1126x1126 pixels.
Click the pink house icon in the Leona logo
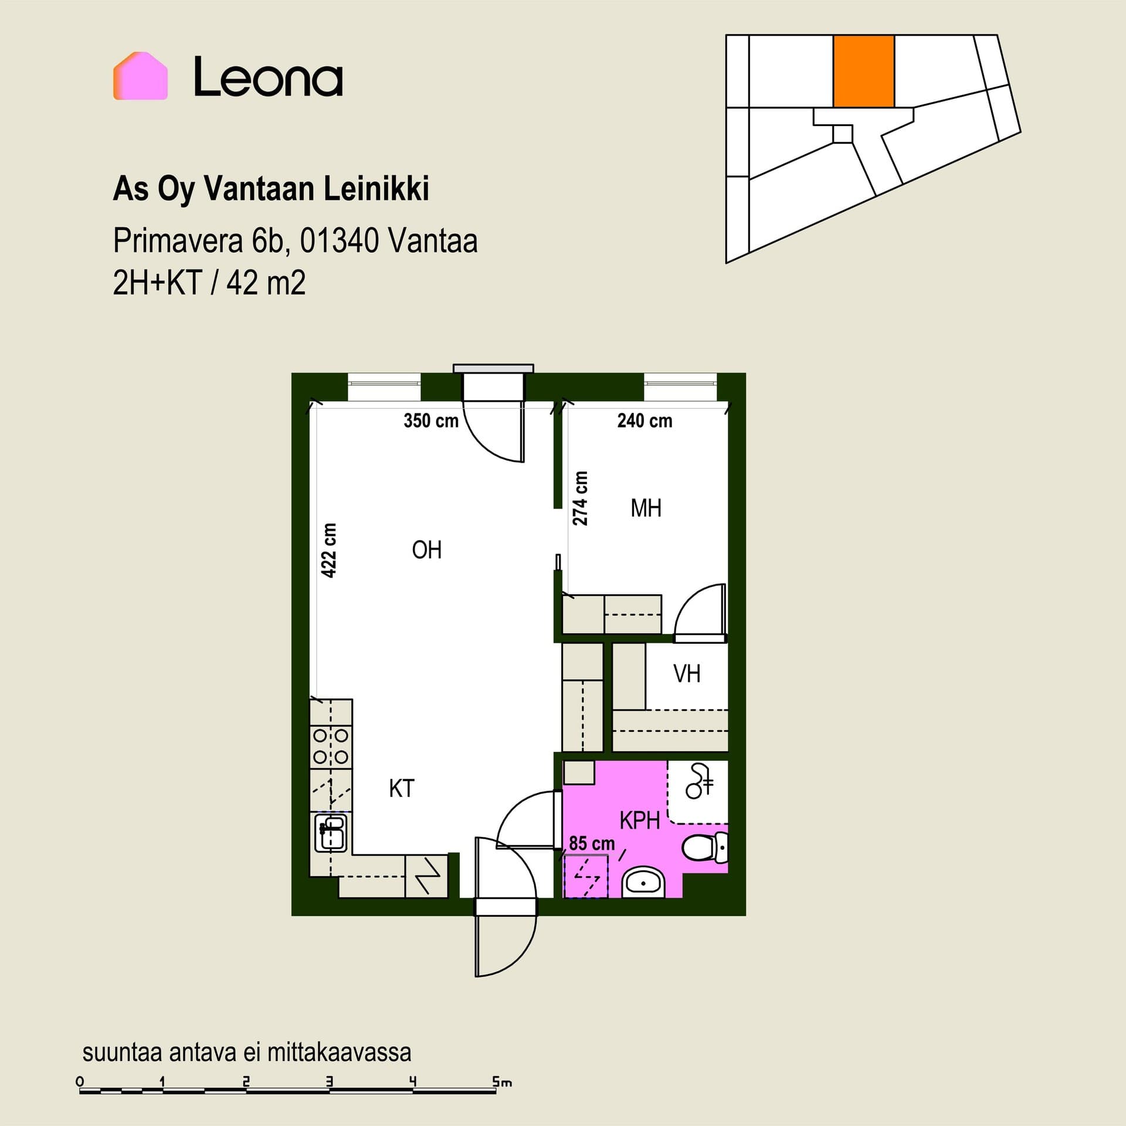pyautogui.click(x=140, y=76)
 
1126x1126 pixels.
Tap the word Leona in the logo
pyautogui.click(x=268, y=76)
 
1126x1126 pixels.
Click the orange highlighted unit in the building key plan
pyautogui.click(x=864, y=71)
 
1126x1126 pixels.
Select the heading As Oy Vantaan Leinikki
pyautogui.click(x=271, y=189)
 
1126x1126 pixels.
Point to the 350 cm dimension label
pyautogui.click(x=431, y=420)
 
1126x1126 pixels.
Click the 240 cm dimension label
pyautogui.click(x=645, y=420)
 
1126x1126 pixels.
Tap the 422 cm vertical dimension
pyautogui.click(x=330, y=551)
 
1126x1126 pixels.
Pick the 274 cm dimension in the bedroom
pyautogui.click(x=580, y=498)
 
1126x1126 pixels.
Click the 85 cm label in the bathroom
pyautogui.click(x=592, y=843)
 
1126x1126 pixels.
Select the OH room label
pyautogui.click(x=426, y=550)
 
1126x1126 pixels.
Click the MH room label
pyautogui.click(x=646, y=508)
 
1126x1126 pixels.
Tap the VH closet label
pyautogui.click(x=687, y=674)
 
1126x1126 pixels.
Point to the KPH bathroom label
pyautogui.click(x=640, y=820)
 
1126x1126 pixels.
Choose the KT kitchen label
pyautogui.click(x=402, y=789)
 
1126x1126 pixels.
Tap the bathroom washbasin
pyautogui.click(x=643, y=882)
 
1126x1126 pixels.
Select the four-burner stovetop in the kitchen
pyautogui.click(x=331, y=746)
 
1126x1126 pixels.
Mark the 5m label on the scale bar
pyautogui.click(x=503, y=1082)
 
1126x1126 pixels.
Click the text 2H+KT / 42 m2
pyautogui.click(x=209, y=283)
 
